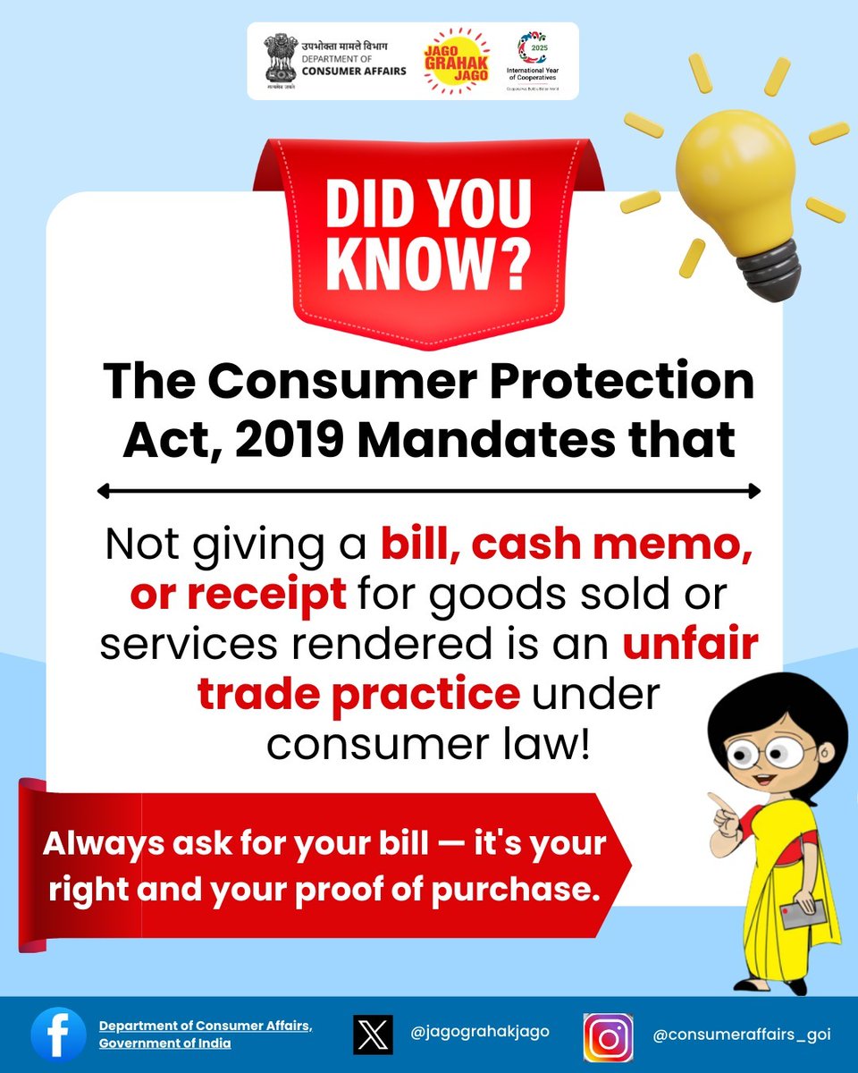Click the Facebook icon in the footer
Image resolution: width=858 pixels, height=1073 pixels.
(x=59, y=1035)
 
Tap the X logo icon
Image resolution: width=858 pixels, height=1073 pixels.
(x=373, y=1035)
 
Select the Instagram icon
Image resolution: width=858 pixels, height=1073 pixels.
(x=608, y=1036)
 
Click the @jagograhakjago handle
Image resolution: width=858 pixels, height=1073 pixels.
(x=480, y=1031)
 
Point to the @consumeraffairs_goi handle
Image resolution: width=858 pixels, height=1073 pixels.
(x=742, y=1035)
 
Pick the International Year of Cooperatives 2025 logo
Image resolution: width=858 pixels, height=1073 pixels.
(x=538, y=59)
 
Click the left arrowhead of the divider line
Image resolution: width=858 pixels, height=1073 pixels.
(x=104, y=491)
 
